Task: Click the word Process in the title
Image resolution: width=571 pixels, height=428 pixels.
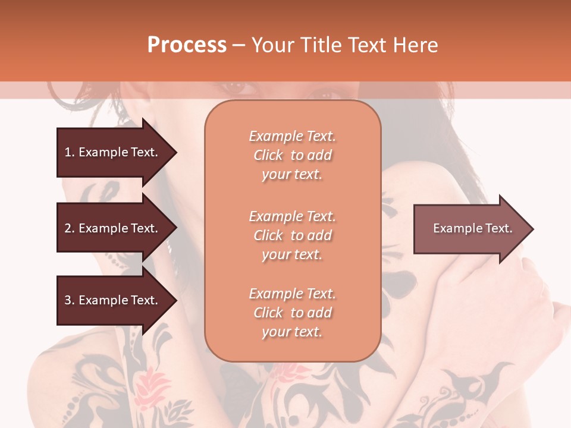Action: [x=187, y=45]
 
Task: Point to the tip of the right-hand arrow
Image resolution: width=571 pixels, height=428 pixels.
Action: [x=532, y=229]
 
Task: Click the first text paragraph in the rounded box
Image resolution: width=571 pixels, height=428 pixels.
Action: [x=292, y=155]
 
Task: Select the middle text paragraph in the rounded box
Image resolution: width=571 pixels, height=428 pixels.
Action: [x=292, y=235]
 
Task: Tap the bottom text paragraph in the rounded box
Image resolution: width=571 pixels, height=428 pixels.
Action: [x=292, y=313]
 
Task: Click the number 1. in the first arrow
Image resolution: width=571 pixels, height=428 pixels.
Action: [x=70, y=152]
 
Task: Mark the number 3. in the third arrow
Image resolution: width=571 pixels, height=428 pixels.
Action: [x=70, y=300]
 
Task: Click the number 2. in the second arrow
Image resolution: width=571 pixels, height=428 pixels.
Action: [x=70, y=228]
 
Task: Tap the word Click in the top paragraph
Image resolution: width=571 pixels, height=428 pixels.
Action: [x=268, y=155]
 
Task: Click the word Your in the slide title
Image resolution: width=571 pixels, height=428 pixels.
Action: [x=274, y=45]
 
